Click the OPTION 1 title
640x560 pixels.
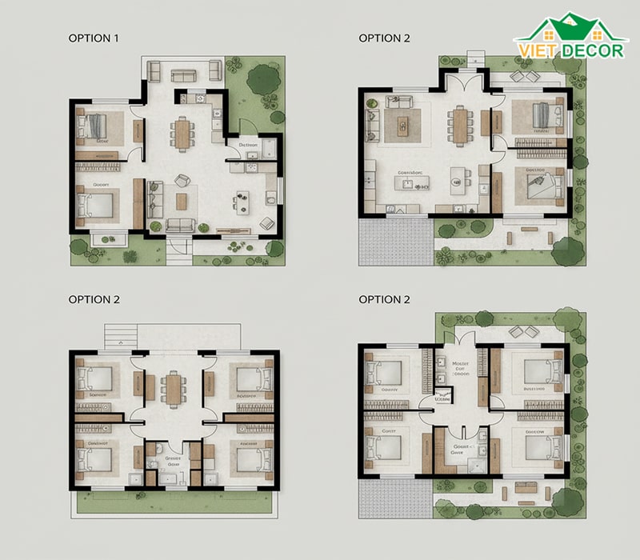pos(94,38)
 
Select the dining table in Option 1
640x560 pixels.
pos(183,133)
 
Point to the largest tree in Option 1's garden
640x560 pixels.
pos(262,79)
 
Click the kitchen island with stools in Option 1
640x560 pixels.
pos(243,199)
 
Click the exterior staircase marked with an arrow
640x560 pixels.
pos(119,336)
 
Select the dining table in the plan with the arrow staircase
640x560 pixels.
pos(174,390)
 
